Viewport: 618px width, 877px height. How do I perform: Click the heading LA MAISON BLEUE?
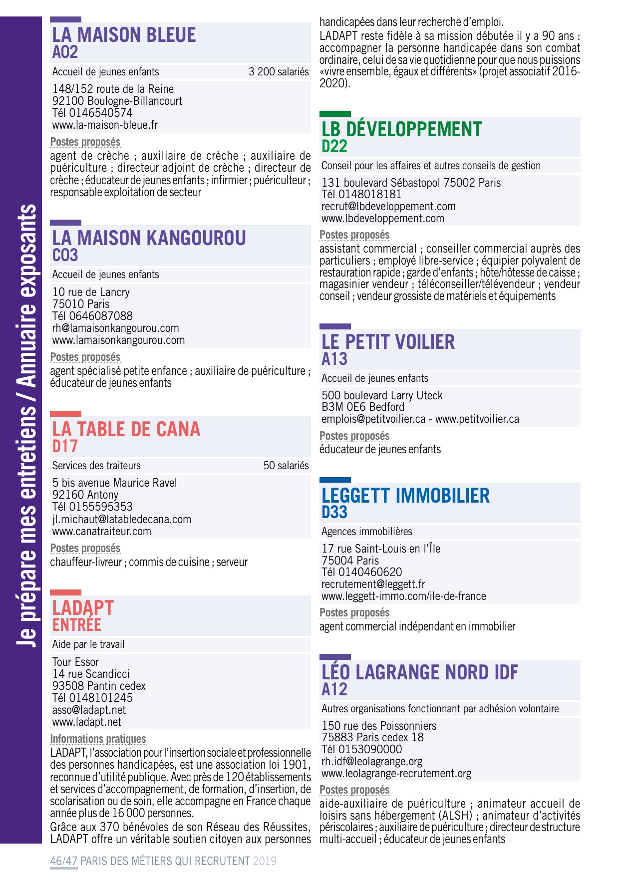(x=124, y=35)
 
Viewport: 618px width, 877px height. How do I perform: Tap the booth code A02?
(x=65, y=52)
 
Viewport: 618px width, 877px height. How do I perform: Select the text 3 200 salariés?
(x=279, y=72)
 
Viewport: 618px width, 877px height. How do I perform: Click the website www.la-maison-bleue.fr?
(x=105, y=125)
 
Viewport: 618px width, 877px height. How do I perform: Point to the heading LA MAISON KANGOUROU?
(x=149, y=238)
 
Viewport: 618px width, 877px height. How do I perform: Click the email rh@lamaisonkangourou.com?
(x=115, y=328)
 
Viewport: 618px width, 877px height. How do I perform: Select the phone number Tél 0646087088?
(x=92, y=316)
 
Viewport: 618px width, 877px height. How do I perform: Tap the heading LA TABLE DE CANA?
(x=126, y=429)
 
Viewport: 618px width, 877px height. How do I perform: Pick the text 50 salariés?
(x=286, y=466)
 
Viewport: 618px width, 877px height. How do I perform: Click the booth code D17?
(x=65, y=446)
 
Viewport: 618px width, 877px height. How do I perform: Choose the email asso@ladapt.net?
(x=89, y=710)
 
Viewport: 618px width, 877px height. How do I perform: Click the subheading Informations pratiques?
(x=98, y=739)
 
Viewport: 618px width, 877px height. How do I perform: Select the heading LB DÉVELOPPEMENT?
(x=401, y=129)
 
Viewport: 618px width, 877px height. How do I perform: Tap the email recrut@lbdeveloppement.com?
(x=388, y=207)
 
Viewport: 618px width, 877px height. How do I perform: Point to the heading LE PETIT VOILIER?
(x=388, y=342)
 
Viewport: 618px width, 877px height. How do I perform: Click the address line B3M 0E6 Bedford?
(x=362, y=407)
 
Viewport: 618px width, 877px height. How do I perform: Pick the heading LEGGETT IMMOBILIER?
(x=405, y=496)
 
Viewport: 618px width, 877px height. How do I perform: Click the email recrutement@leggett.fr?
(x=373, y=585)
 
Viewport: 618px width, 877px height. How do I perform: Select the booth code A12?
(x=334, y=690)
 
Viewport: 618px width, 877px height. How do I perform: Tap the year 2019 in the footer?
(x=265, y=861)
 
